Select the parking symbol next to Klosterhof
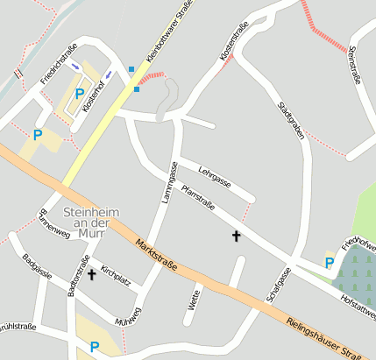point(80,94)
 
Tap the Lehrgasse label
point(214,175)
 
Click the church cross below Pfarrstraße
point(236,236)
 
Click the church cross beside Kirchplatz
point(91,275)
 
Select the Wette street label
point(195,300)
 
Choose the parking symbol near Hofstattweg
point(330,263)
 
